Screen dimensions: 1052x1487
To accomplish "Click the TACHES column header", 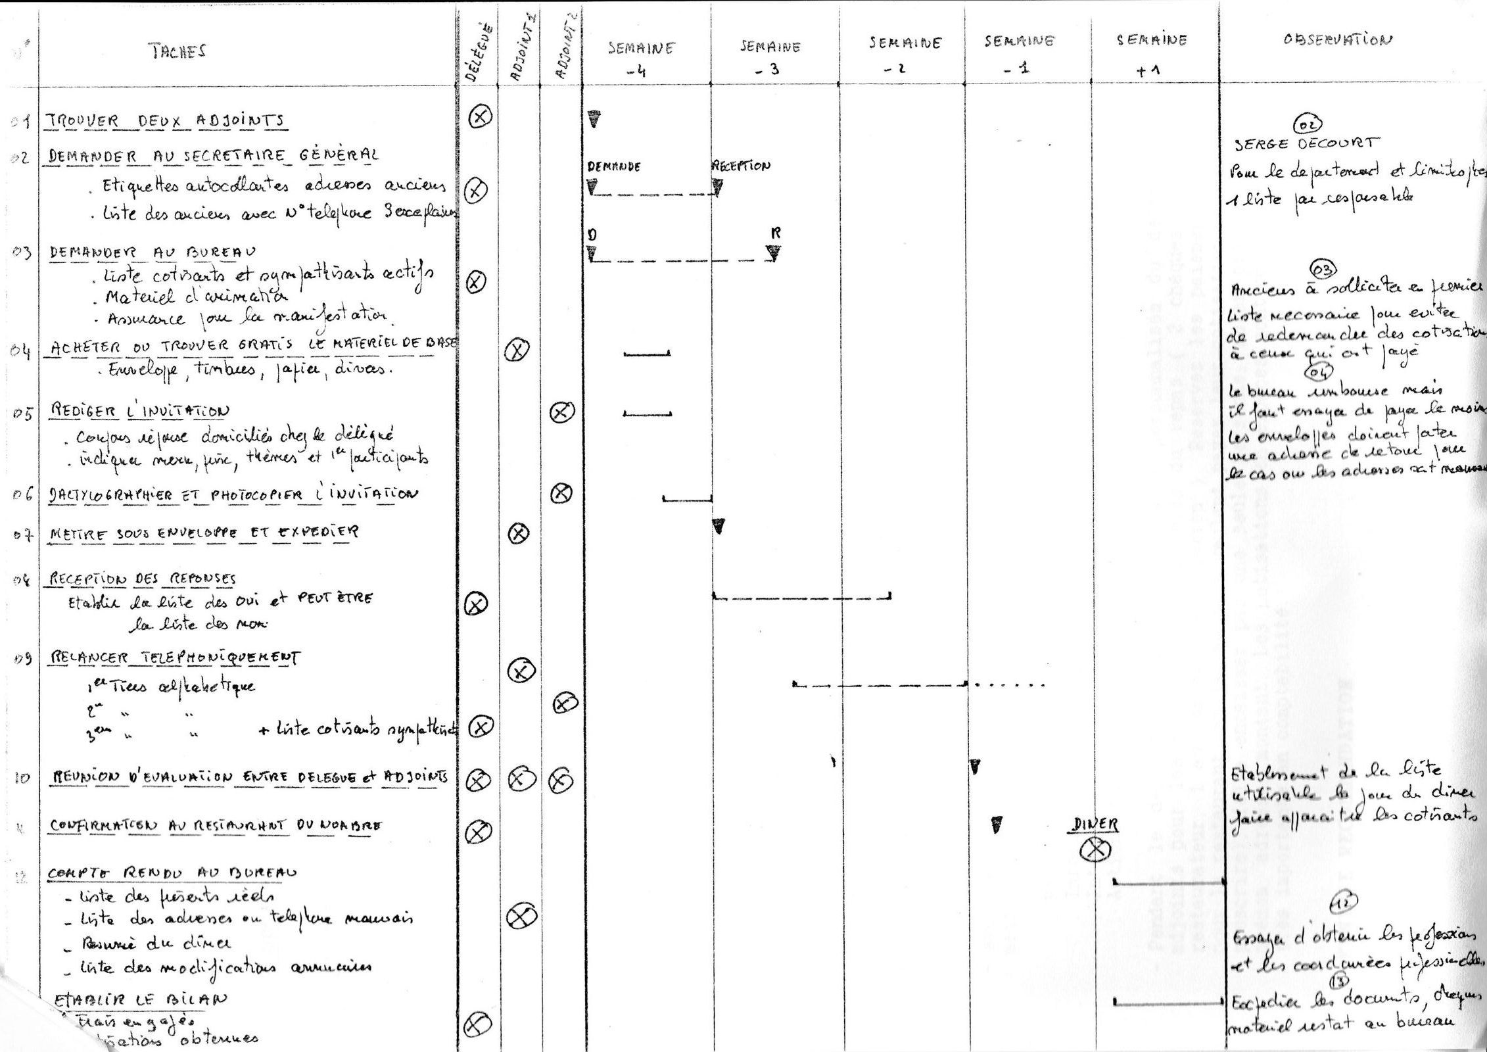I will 177,52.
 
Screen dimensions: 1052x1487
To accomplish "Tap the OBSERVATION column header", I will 1337,39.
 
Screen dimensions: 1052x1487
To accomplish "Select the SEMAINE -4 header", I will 641,58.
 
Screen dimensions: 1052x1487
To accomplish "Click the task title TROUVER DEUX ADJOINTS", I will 165,121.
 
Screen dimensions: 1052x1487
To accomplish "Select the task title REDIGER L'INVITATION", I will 139,411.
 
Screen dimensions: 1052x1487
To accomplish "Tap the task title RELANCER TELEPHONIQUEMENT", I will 174,657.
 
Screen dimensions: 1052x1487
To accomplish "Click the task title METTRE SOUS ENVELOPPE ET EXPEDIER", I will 204,533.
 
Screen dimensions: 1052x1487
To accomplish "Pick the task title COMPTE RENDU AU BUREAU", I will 172,873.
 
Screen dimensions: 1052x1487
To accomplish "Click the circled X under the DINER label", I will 1095,851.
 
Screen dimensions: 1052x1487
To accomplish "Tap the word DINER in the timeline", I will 1095,824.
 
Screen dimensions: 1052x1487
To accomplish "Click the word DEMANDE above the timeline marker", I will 613,167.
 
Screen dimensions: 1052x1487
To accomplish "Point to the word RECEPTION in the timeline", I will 741,166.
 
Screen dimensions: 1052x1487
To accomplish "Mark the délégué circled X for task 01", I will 481,117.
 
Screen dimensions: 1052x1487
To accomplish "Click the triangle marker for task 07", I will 719,526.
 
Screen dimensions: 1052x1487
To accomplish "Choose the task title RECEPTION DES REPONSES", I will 142,579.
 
